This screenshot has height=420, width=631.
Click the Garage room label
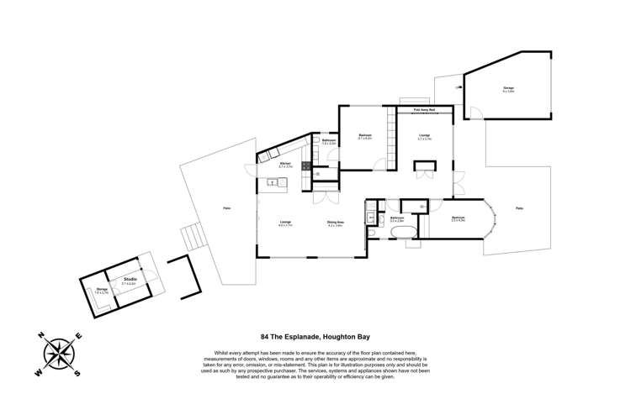click(x=508, y=88)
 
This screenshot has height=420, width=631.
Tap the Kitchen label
click(x=285, y=165)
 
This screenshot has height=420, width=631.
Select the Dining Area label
click(x=335, y=223)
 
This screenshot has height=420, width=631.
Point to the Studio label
click(x=130, y=279)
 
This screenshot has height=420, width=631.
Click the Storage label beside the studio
click(x=101, y=290)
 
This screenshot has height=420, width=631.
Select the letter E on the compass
click(x=79, y=336)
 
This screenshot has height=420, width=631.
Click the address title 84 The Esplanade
click(x=315, y=336)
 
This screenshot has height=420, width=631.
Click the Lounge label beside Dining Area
click(x=285, y=223)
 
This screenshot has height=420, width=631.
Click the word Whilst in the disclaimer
click(x=209, y=352)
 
